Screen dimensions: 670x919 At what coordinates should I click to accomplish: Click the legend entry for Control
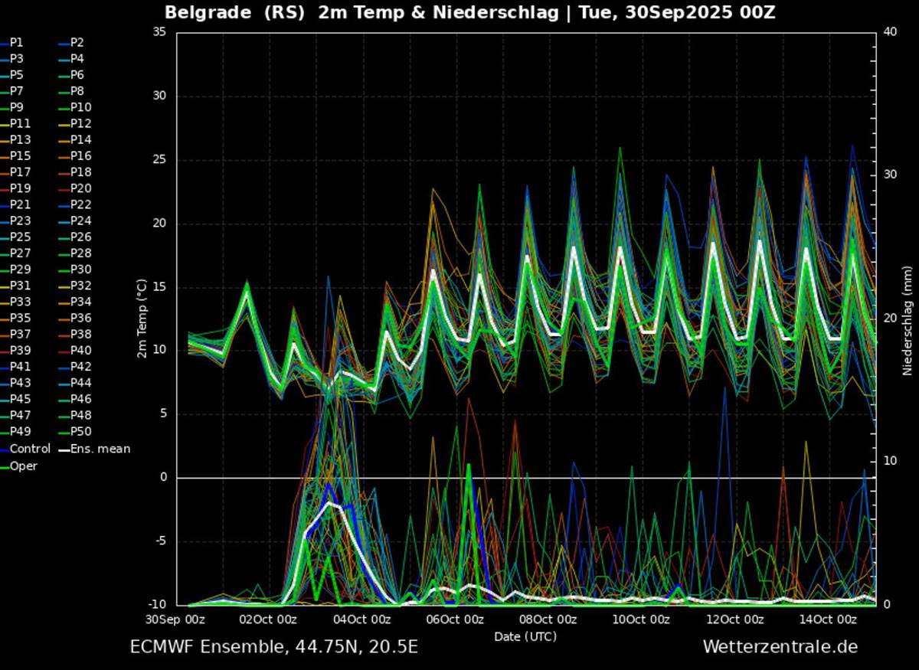(x=29, y=449)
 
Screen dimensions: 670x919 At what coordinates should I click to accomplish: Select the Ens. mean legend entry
(x=100, y=449)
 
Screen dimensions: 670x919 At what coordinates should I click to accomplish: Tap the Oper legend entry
(x=23, y=466)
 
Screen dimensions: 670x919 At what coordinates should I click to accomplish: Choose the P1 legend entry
(x=16, y=42)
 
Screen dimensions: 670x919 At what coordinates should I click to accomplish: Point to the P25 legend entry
(x=19, y=237)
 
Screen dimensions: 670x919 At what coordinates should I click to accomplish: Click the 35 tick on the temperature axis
(x=160, y=32)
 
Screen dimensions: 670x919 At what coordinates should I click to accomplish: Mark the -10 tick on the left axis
(x=157, y=605)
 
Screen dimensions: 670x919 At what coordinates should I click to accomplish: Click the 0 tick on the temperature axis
(x=163, y=478)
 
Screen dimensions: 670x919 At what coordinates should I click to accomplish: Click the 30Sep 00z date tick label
(x=176, y=619)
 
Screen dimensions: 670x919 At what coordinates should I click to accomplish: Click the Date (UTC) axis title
(x=525, y=636)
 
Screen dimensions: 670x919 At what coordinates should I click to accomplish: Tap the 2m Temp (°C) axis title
(x=142, y=318)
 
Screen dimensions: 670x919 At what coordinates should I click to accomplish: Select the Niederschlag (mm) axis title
(x=908, y=320)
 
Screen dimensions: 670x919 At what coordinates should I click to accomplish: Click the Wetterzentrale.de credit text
(x=780, y=647)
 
